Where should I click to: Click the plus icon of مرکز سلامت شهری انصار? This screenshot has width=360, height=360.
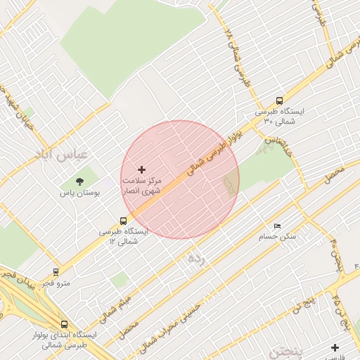coord(142,169)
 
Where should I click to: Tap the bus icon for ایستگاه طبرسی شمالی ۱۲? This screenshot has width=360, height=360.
coord(124,221)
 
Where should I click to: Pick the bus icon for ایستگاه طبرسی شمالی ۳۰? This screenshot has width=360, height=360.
coord(280,101)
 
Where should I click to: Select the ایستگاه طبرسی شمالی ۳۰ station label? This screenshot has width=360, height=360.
coord(279,116)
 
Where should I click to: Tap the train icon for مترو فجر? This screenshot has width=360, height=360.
coord(56,271)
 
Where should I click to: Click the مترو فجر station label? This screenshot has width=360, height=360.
coord(56,283)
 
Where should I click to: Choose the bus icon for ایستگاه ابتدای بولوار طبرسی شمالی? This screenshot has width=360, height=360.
coord(64,324)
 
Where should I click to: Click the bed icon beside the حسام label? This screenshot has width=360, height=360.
coord(277,226)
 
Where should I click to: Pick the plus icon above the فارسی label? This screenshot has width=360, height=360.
coord(335,347)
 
